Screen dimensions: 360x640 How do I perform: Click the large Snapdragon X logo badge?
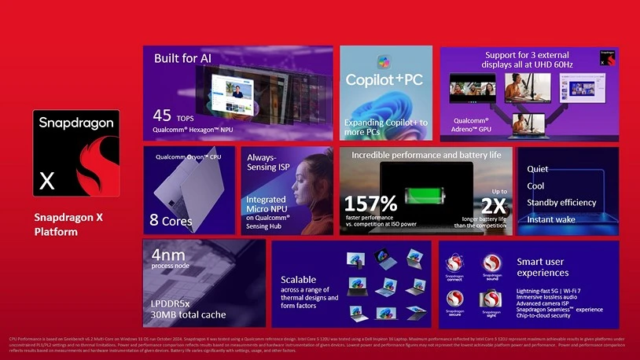(x=76, y=155)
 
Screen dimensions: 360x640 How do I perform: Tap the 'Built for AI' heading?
(x=182, y=58)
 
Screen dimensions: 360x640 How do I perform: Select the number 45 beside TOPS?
(x=163, y=116)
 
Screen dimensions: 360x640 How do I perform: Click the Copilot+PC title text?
(x=385, y=79)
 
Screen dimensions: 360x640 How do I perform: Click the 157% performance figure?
(x=370, y=204)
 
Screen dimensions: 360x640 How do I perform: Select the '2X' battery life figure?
(x=493, y=206)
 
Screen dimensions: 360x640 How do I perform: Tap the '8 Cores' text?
(x=171, y=221)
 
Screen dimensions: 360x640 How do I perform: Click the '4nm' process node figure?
(x=168, y=255)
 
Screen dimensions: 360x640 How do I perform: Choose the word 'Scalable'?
(x=298, y=280)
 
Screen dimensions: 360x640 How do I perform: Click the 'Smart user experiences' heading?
(x=543, y=267)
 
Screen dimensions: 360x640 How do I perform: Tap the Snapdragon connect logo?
(x=455, y=266)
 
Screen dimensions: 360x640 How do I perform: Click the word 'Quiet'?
(x=538, y=169)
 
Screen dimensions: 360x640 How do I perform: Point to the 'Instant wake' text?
(x=551, y=219)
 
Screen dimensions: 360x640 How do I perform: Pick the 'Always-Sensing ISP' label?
(x=262, y=163)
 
